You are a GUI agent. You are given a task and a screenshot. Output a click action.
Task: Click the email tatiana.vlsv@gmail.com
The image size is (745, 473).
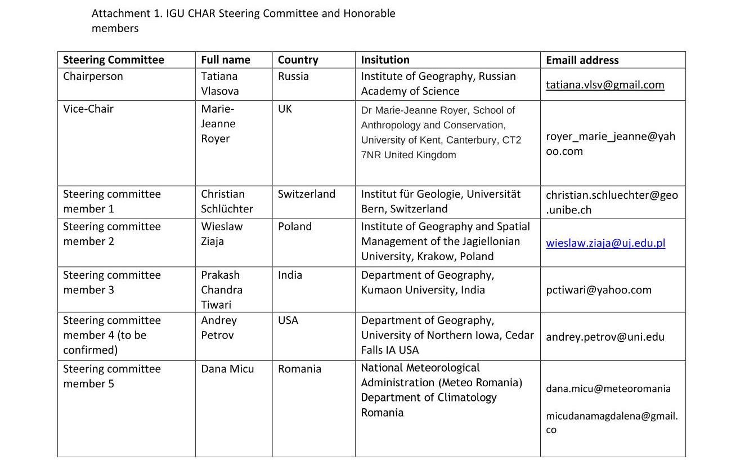(605, 85)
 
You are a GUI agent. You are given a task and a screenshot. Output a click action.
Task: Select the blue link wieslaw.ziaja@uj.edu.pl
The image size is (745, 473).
(605, 243)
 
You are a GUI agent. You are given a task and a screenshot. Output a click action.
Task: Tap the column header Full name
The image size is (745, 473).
(226, 60)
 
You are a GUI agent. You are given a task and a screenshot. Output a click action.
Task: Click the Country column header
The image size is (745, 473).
(298, 60)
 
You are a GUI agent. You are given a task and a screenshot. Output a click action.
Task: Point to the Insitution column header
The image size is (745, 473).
(385, 60)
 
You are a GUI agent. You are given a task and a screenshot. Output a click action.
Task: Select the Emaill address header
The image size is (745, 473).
(582, 60)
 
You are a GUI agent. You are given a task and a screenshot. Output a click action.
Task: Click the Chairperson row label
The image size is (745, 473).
(93, 76)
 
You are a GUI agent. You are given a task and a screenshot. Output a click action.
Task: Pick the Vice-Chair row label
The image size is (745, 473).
(88, 109)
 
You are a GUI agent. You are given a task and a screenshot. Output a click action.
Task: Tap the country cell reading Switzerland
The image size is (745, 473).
(306, 194)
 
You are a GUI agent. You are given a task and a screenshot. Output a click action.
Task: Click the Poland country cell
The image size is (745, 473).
(294, 226)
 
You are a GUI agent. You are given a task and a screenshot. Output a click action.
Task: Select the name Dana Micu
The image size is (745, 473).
(227, 369)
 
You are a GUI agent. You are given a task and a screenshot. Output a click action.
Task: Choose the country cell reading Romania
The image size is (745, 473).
(299, 369)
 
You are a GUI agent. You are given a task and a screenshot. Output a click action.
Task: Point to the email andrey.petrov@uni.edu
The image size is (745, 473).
(605, 337)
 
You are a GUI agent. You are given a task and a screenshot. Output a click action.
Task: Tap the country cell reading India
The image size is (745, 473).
(290, 275)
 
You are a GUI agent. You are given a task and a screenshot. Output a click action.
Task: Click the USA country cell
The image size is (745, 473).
(288, 320)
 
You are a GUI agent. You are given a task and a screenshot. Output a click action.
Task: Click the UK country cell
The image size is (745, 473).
(285, 109)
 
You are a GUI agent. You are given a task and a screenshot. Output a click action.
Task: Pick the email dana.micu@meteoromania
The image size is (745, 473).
(608, 389)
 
